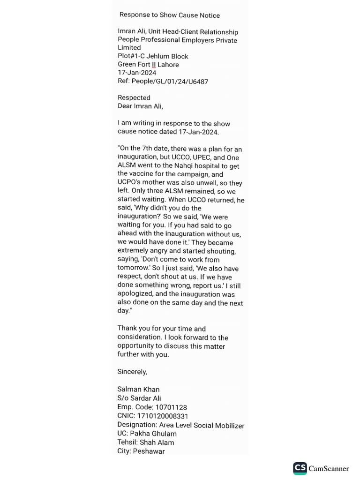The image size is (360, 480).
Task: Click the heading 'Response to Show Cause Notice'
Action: pyautogui.click(x=170, y=15)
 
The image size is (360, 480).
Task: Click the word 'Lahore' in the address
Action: pyautogui.click(x=168, y=65)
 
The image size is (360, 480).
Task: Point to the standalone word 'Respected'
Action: pyautogui.click(x=134, y=97)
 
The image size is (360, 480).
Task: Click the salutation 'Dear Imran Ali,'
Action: pyautogui.click(x=140, y=106)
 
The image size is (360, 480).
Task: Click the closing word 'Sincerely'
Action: pyautogui.click(x=132, y=372)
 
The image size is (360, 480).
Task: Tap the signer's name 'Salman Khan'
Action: pyautogui.click(x=138, y=390)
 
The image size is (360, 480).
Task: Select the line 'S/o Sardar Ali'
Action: pyautogui.click(x=139, y=398)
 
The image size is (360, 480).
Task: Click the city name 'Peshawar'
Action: pyautogui.click(x=149, y=451)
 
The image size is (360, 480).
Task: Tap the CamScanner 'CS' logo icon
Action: pyautogui.click(x=300, y=468)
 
